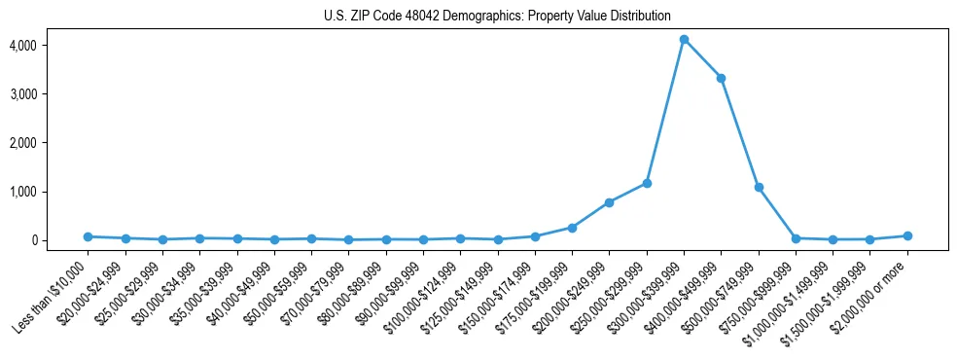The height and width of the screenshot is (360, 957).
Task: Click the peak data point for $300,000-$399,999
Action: click(x=684, y=40)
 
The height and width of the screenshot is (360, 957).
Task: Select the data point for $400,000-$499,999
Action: click(x=721, y=78)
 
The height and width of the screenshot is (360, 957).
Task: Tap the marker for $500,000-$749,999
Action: click(x=759, y=187)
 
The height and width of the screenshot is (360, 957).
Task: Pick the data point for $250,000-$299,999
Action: click(x=647, y=183)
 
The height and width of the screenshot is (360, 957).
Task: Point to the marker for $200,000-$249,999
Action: click(x=609, y=202)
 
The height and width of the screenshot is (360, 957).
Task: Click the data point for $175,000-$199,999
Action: click(x=572, y=228)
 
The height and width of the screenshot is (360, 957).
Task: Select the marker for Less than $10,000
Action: click(x=88, y=236)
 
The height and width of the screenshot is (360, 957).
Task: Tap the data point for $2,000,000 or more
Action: click(x=907, y=235)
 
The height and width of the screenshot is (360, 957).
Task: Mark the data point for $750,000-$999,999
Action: click(x=796, y=238)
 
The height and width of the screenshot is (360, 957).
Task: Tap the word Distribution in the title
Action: click(x=638, y=16)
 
